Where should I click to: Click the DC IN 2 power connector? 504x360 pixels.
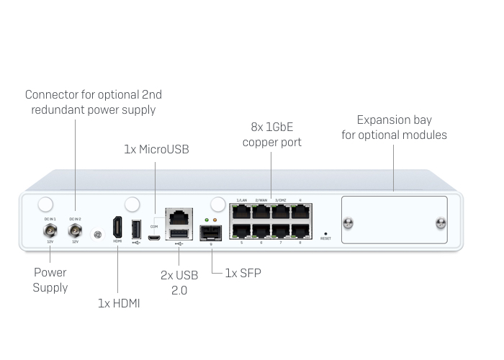click(75, 230)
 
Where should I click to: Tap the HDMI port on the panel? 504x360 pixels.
click(117, 228)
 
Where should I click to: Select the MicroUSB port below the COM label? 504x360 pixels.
click(154, 235)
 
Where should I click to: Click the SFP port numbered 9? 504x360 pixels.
click(210, 232)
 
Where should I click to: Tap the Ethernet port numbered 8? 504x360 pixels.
click(300, 232)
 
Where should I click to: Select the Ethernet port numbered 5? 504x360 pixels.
click(240, 232)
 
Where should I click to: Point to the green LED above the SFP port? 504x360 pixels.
click(206, 219)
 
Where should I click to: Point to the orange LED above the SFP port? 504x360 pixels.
click(215, 219)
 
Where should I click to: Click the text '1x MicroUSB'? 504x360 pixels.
click(156, 150)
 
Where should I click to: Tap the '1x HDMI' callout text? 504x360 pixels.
click(119, 303)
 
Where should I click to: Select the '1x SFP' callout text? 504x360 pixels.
click(243, 273)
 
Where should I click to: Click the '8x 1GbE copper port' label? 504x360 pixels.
click(271, 134)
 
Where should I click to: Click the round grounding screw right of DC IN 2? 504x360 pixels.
click(96, 233)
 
